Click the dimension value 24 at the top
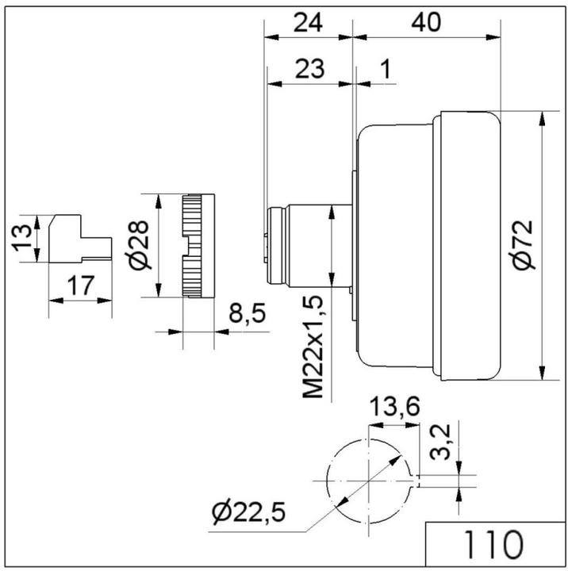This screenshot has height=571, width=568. (x=308, y=22)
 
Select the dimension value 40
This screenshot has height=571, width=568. (x=426, y=22)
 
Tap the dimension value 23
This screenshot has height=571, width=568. (x=309, y=69)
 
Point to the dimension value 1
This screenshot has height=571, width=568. (x=386, y=68)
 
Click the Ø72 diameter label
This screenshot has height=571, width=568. (x=524, y=244)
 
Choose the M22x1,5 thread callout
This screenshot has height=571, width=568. (x=313, y=347)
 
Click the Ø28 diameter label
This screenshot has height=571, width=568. (x=139, y=245)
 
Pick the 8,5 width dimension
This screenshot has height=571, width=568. (x=248, y=312)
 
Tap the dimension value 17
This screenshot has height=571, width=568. (x=81, y=285)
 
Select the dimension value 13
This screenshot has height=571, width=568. (x=22, y=238)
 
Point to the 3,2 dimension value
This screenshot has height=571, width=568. (x=441, y=443)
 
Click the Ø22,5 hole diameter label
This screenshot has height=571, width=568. (x=249, y=512)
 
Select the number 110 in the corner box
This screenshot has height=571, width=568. (x=493, y=545)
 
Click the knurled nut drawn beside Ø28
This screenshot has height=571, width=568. (x=198, y=246)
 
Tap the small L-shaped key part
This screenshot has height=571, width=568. (x=80, y=239)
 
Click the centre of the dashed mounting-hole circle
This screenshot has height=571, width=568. (x=369, y=481)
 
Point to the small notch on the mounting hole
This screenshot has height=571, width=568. (x=416, y=481)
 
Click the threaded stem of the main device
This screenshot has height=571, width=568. (x=309, y=246)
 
